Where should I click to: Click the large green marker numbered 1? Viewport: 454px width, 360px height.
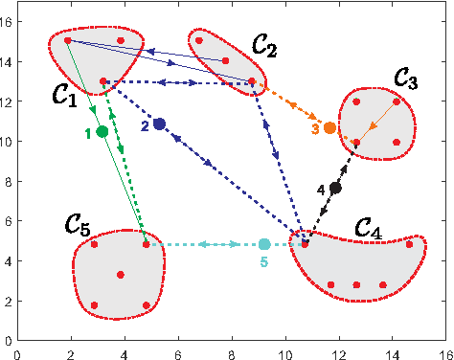(102, 131)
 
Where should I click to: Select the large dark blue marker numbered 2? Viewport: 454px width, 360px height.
(159, 124)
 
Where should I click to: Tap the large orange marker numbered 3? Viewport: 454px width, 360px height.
(329, 127)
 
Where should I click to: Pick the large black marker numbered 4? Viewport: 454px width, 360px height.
(335, 188)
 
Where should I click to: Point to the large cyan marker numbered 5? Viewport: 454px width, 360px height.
(264, 244)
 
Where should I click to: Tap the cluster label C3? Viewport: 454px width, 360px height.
(403, 81)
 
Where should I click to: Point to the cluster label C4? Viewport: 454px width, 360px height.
(369, 228)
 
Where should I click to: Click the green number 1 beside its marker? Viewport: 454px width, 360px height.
(88, 134)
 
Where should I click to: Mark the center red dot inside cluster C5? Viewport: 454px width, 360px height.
(121, 275)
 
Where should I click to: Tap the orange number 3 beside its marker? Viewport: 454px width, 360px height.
(314, 129)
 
